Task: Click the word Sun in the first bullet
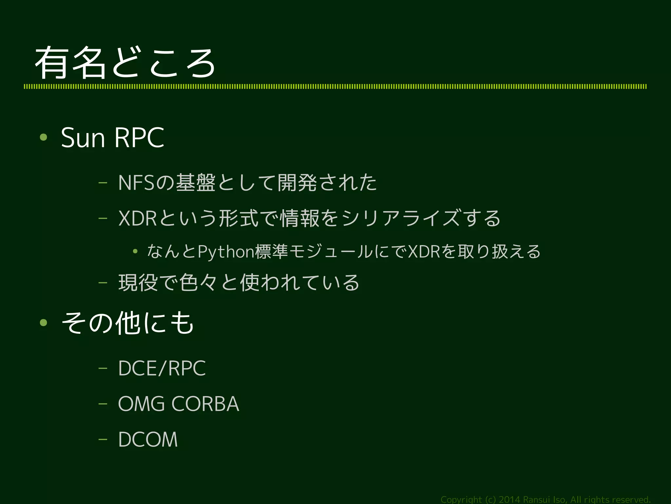coord(83,138)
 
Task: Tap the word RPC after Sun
coord(139,138)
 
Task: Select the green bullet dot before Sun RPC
coord(43,137)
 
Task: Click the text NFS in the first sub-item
coord(136,183)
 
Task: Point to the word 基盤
coord(196,183)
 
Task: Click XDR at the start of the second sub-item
coord(137,218)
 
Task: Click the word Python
coord(226,252)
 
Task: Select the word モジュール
coord(332,252)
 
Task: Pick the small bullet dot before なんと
coord(135,252)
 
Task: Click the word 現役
coord(138,282)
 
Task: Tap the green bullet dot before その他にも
coord(43,323)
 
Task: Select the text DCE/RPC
coord(162,368)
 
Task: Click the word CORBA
coord(205,404)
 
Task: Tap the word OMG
coord(141,404)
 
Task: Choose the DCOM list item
coord(148,439)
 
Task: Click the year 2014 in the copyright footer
coord(509,499)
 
